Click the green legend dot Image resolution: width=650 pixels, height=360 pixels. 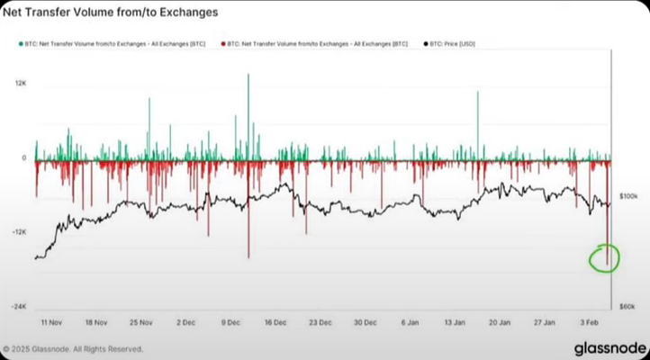pyautogui.click(x=20, y=42)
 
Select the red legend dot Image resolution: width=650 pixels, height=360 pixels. pyautogui.click(x=221, y=42)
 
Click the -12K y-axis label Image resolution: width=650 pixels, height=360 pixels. pyautogui.click(x=19, y=232)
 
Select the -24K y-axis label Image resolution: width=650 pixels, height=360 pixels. pyautogui.click(x=19, y=306)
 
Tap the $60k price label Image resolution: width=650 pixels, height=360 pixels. pyautogui.click(x=628, y=306)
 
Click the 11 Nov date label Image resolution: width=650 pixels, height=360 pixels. pyautogui.click(x=50, y=321)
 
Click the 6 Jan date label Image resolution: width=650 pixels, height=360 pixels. pyautogui.click(x=410, y=321)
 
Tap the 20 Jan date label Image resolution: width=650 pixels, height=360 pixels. pyautogui.click(x=499, y=321)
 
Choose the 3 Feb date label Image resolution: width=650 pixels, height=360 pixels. pyautogui.click(x=589, y=321)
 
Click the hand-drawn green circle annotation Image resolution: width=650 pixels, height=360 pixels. pyautogui.click(x=600, y=258)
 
